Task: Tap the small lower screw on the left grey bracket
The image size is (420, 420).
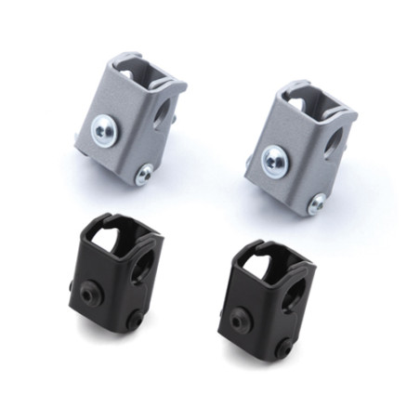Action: point(144,174)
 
